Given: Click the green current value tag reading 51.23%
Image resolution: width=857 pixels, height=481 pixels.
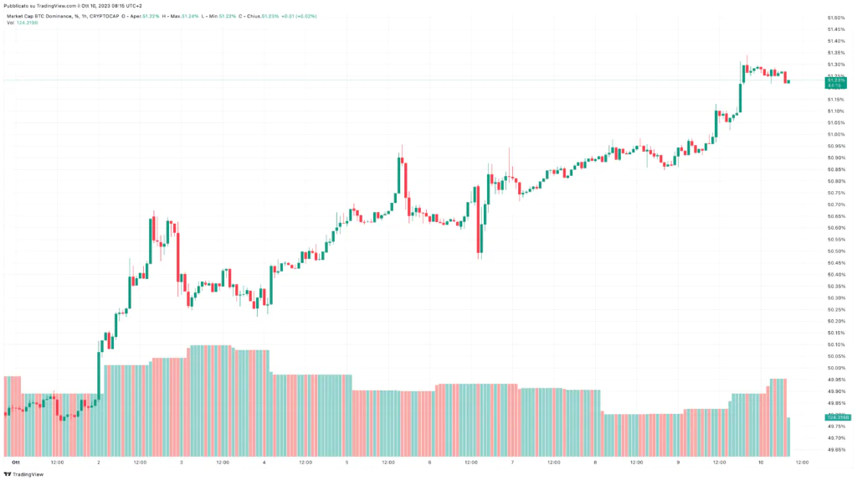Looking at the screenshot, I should pos(834,80).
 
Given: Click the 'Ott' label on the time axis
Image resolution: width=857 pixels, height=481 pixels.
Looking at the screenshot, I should pos(15,462).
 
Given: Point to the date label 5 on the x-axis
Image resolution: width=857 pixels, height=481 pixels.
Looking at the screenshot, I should pos(346,462).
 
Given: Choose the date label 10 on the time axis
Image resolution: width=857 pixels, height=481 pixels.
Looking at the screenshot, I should pos(760,462).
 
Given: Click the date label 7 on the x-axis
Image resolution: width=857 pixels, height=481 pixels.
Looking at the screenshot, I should pos(512,462).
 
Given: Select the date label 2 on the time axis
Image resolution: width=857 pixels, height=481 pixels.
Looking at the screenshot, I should pos(99,462).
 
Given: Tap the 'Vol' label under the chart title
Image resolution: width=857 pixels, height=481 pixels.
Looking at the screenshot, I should pos(10,23).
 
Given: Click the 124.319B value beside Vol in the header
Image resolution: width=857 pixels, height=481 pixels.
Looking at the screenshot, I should pos(27,23).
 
